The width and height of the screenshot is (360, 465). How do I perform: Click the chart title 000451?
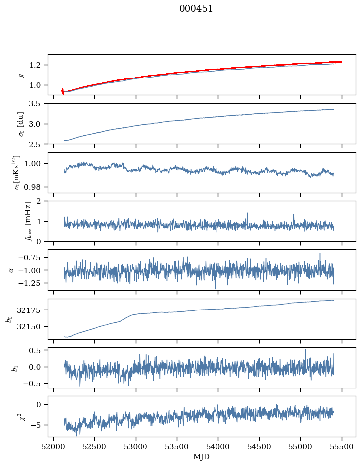point(196,9)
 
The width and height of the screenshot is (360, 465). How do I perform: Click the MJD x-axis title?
point(202,457)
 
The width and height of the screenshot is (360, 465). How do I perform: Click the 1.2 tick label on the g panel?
point(38,65)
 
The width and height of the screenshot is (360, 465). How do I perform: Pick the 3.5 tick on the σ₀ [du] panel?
point(38,104)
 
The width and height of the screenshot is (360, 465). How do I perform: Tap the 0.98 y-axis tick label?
point(35,187)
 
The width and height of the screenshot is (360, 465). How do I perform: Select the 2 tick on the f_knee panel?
point(42,201)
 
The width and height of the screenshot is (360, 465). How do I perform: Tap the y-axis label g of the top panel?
point(21,75)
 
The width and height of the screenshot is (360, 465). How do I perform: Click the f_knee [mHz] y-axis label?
point(14,221)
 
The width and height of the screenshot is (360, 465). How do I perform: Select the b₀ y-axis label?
point(8,319)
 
